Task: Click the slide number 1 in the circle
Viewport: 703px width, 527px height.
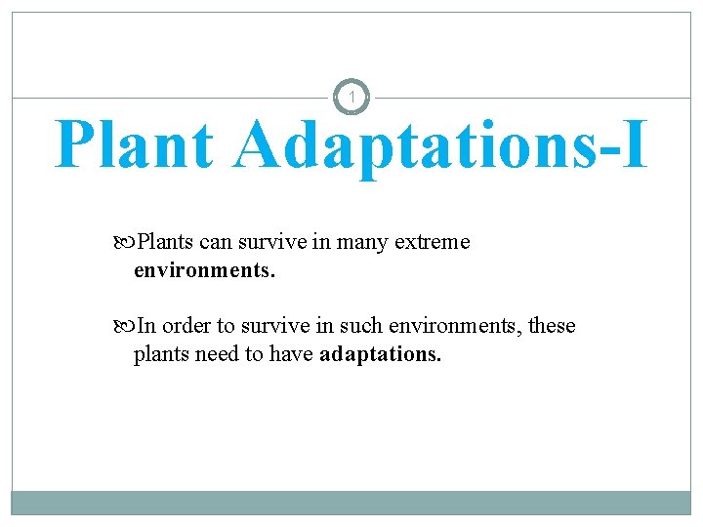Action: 351,98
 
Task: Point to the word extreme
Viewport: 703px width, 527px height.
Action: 433,242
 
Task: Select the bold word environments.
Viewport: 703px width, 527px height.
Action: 204,269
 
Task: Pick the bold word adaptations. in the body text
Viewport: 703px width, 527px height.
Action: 380,353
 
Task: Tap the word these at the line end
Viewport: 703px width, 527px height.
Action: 553,326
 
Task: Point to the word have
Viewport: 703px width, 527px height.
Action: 291,353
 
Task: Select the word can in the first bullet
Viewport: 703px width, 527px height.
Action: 214,242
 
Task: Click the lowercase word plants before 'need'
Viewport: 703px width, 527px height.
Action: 160,353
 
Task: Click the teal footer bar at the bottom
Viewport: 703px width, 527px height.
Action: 351,502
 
